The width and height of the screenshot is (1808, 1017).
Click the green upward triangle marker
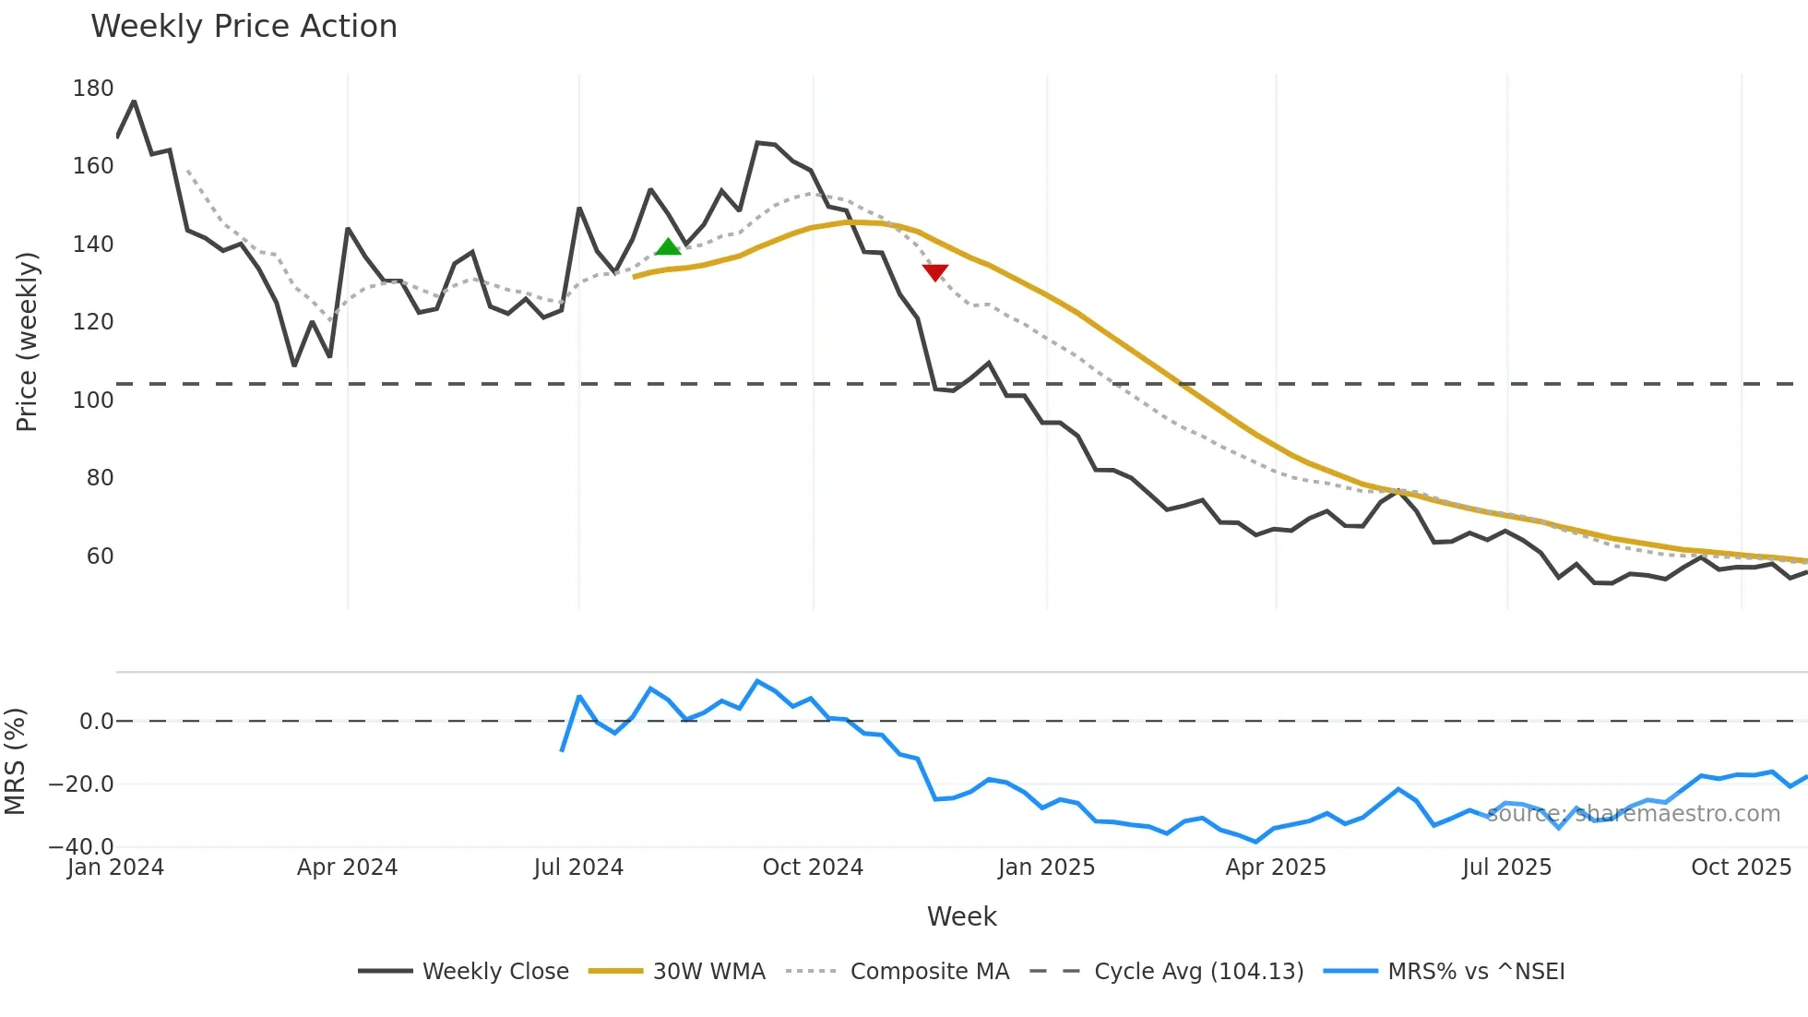click(668, 246)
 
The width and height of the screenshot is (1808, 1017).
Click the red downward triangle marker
click(935, 272)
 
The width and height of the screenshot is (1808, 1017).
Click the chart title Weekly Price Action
click(244, 27)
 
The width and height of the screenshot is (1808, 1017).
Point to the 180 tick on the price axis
click(93, 89)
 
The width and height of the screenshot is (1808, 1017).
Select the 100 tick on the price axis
click(93, 401)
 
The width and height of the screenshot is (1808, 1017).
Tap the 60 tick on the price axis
click(100, 556)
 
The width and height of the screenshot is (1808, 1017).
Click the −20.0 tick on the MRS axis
click(81, 784)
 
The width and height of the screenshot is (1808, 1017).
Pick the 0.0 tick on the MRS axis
click(96, 722)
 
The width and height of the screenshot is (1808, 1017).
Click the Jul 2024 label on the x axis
click(578, 867)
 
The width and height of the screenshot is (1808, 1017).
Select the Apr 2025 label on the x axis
click(1276, 867)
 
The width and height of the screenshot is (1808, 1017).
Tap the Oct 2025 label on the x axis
click(1741, 867)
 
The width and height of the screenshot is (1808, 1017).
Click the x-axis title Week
click(961, 916)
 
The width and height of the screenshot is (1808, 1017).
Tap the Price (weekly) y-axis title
click(27, 341)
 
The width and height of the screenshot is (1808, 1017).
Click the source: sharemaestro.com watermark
click(1633, 814)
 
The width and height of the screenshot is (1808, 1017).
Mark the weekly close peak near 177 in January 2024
click(135, 102)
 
